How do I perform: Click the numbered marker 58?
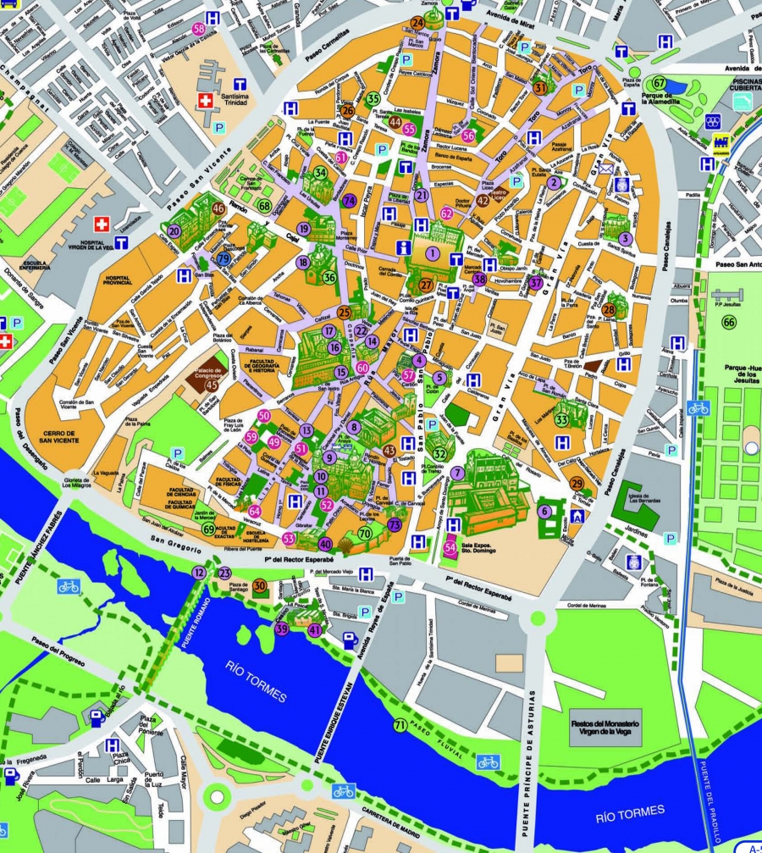pyautogui.click(x=199, y=29)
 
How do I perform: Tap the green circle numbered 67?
pyautogui.click(x=660, y=83)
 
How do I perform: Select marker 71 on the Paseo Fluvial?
pyautogui.click(x=400, y=725)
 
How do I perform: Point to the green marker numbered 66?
pyautogui.click(x=728, y=322)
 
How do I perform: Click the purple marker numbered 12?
pyautogui.click(x=198, y=573)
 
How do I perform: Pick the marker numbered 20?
pyautogui.click(x=174, y=230)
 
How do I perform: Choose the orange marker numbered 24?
pyautogui.click(x=417, y=23)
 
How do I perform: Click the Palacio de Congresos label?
pyautogui.click(x=212, y=378)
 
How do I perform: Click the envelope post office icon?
pyautogui.click(x=606, y=168)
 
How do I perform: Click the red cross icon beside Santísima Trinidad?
pyautogui.click(x=203, y=101)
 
